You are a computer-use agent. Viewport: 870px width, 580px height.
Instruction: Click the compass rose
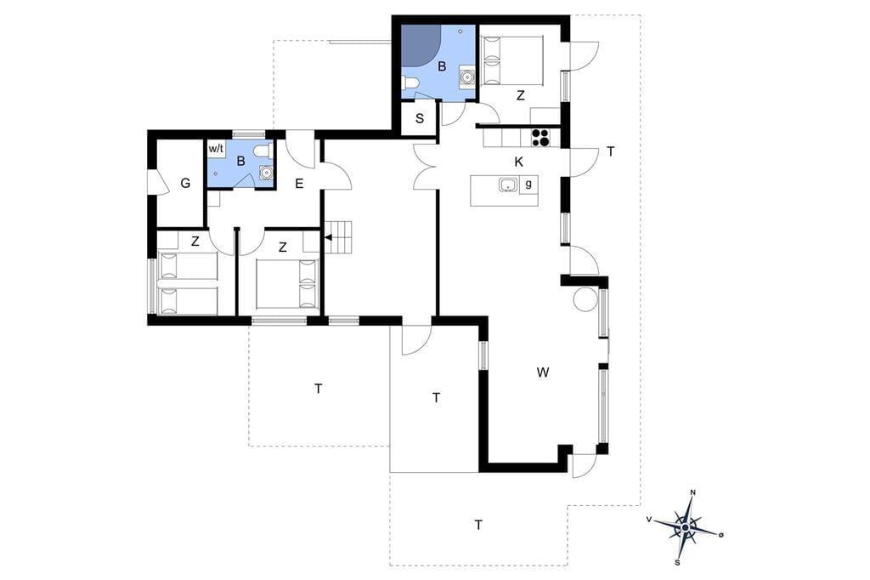(x=686, y=527)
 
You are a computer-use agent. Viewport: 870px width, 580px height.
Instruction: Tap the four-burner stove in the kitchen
(x=540, y=138)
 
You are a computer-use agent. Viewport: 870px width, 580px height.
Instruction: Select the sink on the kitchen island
(x=508, y=185)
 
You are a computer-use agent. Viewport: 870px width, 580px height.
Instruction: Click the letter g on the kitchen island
(x=528, y=184)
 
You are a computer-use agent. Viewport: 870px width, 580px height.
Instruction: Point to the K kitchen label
(x=519, y=162)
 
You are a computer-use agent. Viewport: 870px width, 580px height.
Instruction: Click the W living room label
(x=543, y=372)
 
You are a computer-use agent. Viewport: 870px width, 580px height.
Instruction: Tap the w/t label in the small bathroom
(x=217, y=149)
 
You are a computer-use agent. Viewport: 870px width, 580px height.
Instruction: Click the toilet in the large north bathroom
(x=410, y=84)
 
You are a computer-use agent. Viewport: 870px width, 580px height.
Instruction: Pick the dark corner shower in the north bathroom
(x=420, y=44)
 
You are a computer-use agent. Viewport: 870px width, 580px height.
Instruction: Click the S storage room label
(x=420, y=118)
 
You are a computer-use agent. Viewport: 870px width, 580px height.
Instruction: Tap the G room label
(x=185, y=183)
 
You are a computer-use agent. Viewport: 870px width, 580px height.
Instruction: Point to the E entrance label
(x=299, y=184)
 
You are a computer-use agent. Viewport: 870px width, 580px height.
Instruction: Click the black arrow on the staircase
(x=328, y=238)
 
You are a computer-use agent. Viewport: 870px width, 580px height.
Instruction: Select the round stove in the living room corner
(x=585, y=299)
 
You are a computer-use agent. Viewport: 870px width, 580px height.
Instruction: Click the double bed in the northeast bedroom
(x=512, y=60)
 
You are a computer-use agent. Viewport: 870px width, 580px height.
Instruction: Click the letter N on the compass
(x=692, y=492)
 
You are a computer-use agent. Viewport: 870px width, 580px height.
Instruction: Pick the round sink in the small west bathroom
(x=267, y=173)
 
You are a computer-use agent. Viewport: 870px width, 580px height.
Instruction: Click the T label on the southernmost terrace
(x=478, y=525)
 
